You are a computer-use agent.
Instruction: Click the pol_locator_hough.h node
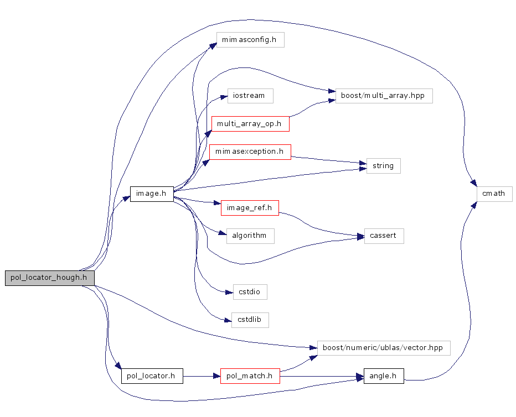(x=49, y=278)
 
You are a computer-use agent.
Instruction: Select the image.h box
(x=151, y=194)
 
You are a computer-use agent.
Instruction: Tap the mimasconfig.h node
(x=250, y=40)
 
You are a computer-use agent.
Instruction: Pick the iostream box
(x=250, y=96)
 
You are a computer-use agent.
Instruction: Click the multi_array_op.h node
(x=250, y=123)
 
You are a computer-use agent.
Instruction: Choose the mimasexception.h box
(x=250, y=152)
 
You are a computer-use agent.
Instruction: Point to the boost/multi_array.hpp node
(x=383, y=96)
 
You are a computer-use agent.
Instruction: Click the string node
(x=383, y=166)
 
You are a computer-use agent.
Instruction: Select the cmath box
(x=494, y=194)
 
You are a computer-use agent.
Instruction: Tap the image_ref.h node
(x=250, y=208)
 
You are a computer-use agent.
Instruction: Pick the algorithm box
(x=250, y=236)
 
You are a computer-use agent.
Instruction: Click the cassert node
(x=383, y=236)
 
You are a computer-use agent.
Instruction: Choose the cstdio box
(x=250, y=291)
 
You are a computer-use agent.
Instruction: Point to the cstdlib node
(x=250, y=320)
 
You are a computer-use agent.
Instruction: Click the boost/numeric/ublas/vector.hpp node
(x=383, y=348)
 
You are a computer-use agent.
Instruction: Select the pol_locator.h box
(x=151, y=376)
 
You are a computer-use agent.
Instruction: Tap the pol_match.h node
(x=250, y=376)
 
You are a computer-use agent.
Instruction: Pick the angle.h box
(x=383, y=376)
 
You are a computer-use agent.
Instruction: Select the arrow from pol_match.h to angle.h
(x=321, y=376)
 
